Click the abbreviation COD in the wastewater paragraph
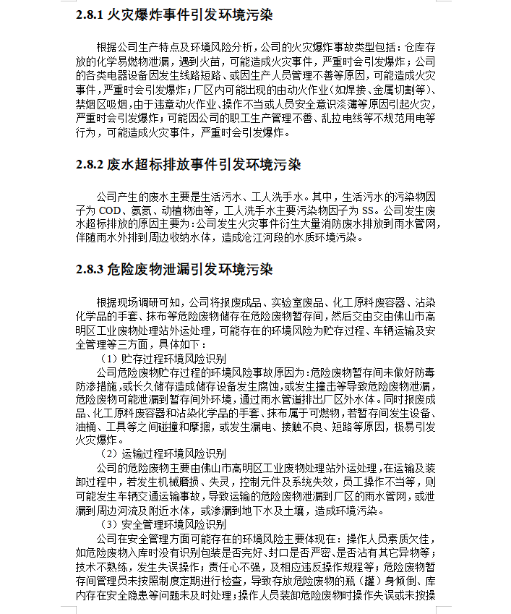[x=110, y=210]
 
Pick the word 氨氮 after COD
[x=141, y=210]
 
